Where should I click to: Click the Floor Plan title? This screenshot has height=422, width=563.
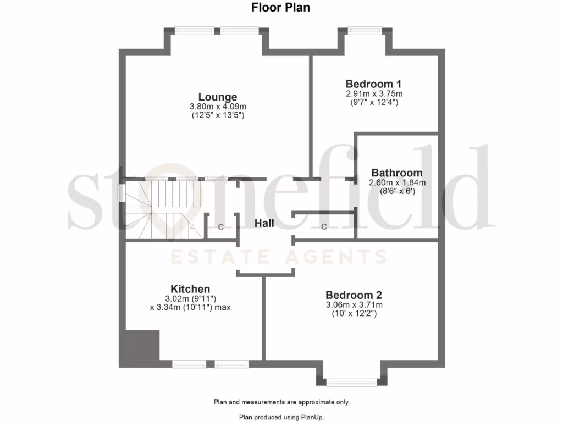click(x=281, y=8)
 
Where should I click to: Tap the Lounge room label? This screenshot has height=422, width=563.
click(x=218, y=97)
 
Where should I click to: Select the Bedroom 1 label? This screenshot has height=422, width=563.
click(x=373, y=84)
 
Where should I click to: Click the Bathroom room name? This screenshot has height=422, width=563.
click(x=397, y=173)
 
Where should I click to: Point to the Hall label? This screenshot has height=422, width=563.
click(x=264, y=223)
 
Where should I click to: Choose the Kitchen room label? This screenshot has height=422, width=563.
click(x=190, y=289)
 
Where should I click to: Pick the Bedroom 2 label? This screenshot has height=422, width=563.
click(x=354, y=295)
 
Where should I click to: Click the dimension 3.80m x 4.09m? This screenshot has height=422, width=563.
click(x=218, y=107)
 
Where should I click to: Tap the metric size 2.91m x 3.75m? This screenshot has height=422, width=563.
click(x=374, y=93)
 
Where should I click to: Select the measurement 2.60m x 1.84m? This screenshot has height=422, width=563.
click(x=397, y=182)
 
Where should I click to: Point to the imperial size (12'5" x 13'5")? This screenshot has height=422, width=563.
click(x=218, y=115)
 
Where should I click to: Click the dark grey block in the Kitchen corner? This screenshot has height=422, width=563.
click(x=142, y=346)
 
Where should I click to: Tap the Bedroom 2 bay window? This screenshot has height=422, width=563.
click(x=352, y=381)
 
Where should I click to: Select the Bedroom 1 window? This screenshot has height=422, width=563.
click(x=365, y=30)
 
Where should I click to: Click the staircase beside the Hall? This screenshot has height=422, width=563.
click(x=159, y=209)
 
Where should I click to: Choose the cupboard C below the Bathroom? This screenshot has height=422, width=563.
click(x=324, y=226)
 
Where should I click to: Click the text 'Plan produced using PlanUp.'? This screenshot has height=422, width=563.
click(x=281, y=417)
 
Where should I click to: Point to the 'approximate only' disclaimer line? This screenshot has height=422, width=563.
click(x=281, y=402)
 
